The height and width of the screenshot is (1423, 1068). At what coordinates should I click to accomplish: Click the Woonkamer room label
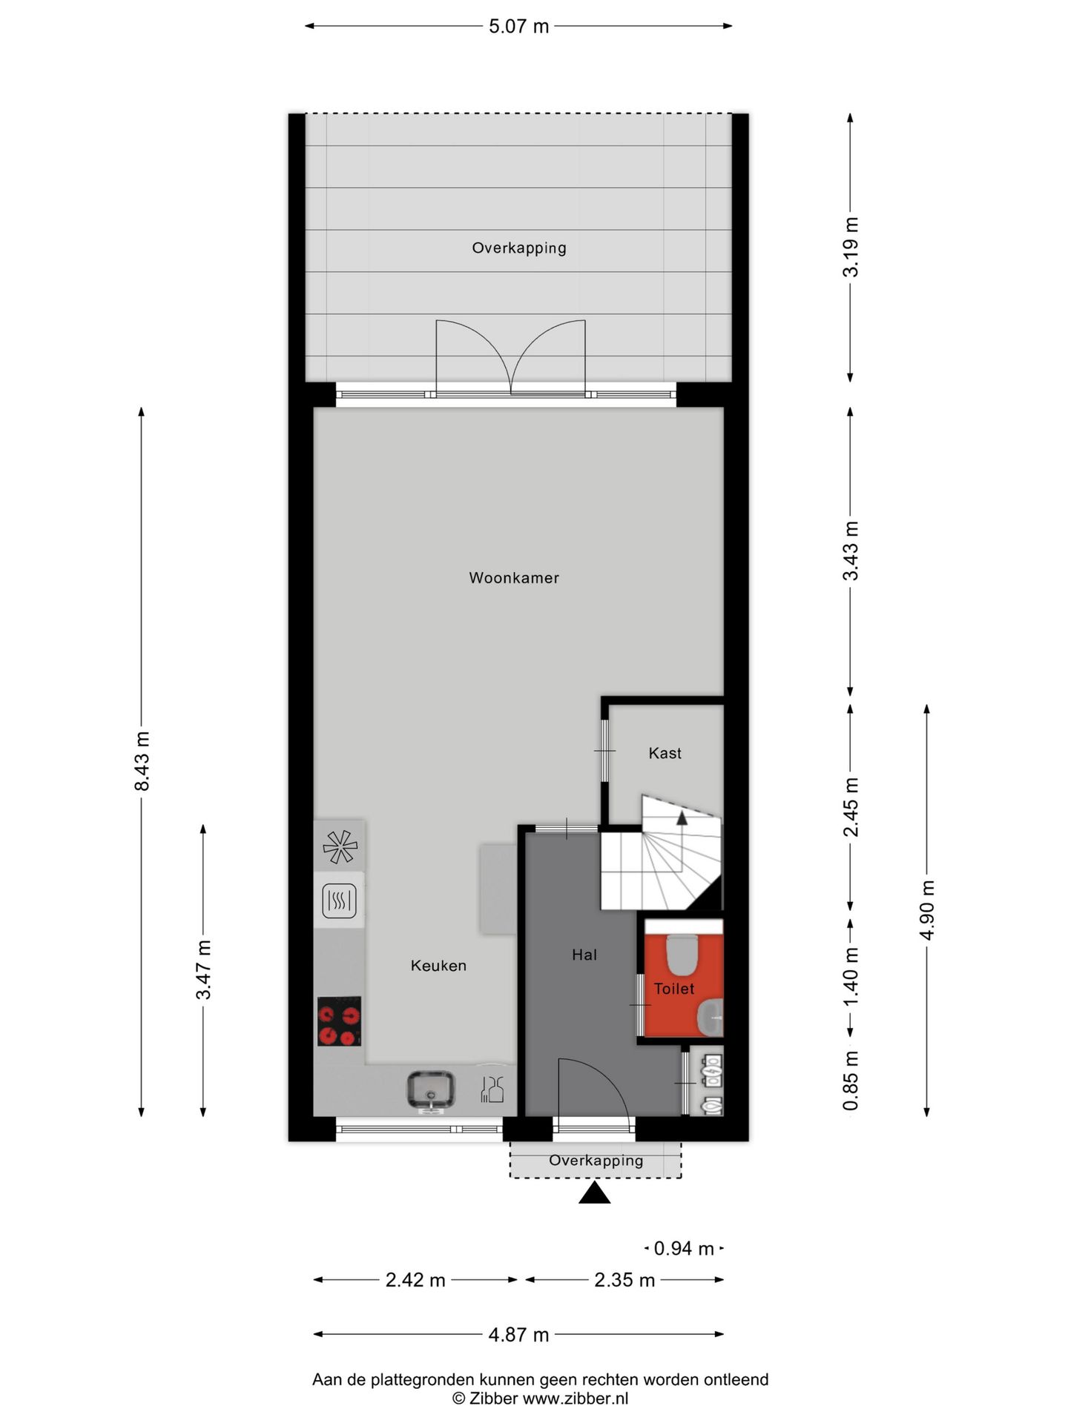coord(513,578)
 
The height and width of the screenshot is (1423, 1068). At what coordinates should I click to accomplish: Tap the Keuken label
coord(438,965)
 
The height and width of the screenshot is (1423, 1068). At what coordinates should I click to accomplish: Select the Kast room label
coord(665,753)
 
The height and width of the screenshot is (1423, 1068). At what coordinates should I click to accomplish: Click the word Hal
coord(584,955)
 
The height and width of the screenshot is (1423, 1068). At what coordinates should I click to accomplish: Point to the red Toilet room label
coord(673,989)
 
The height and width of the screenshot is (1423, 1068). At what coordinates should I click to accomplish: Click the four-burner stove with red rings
coord(340,1021)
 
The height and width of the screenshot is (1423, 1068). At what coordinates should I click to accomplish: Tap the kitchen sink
coord(430,1089)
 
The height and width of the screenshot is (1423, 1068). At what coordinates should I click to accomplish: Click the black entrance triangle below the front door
coord(594,1193)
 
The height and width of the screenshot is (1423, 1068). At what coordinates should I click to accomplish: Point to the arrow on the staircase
coord(681,817)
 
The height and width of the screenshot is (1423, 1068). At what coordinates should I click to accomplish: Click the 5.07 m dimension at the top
coord(518,27)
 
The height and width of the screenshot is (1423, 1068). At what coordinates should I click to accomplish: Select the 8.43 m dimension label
coord(142,760)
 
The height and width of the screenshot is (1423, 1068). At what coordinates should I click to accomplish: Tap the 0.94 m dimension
coord(683,1249)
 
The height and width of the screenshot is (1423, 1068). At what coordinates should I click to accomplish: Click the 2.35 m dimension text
coord(624,1280)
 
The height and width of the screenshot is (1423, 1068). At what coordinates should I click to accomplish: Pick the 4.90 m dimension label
coord(927,910)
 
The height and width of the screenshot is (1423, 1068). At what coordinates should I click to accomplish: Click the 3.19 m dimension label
coord(851,247)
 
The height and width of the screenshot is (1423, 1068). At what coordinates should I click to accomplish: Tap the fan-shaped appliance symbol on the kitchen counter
coord(340,846)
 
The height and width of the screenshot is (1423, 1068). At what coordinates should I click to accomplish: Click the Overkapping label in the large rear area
coord(518,248)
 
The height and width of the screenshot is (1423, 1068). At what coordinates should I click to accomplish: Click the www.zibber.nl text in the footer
coord(576,1399)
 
